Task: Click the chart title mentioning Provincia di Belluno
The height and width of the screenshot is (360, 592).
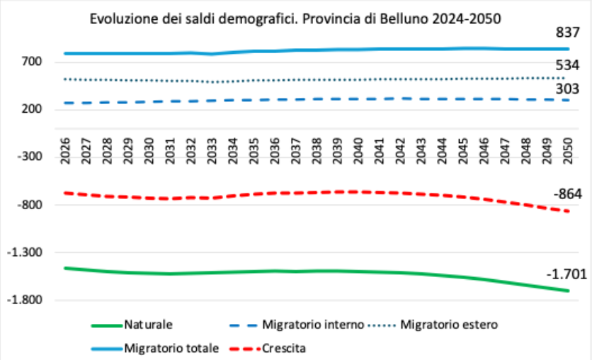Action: (x=295, y=18)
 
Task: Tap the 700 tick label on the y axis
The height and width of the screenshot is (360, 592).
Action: (x=31, y=61)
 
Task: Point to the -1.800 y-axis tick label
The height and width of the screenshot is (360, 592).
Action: (x=25, y=300)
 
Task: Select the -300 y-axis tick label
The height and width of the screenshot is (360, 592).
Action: (x=29, y=156)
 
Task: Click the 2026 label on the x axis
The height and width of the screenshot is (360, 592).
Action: (x=65, y=151)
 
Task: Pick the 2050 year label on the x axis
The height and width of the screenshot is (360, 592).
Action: (x=568, y=151)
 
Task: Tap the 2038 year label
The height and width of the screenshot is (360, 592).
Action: (x=317, y=151)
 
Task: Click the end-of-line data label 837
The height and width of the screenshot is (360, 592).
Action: (x=567, y=33)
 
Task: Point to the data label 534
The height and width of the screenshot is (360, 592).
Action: (x=567, y=65)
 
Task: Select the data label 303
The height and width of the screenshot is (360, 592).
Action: (x=567, y=89)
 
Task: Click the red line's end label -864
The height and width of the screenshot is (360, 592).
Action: (x=568, y=194)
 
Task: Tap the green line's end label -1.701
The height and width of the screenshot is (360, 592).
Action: (x=567, y=274)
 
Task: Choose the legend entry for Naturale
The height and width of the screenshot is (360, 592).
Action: (x=132, y=325)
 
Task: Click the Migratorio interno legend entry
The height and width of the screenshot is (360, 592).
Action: (x=297, y=325)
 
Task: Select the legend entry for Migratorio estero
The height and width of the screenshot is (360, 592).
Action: (x=433, y=325)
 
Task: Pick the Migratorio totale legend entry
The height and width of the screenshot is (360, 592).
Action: (x=156, y=348)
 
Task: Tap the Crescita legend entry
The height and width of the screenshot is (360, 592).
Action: (x=268, y=348)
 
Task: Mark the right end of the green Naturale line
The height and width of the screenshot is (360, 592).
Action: (x=568, y=291)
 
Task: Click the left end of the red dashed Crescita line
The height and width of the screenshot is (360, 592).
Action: (x=65, y=193)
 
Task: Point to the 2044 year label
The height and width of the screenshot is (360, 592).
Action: (x=442, y=151)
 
